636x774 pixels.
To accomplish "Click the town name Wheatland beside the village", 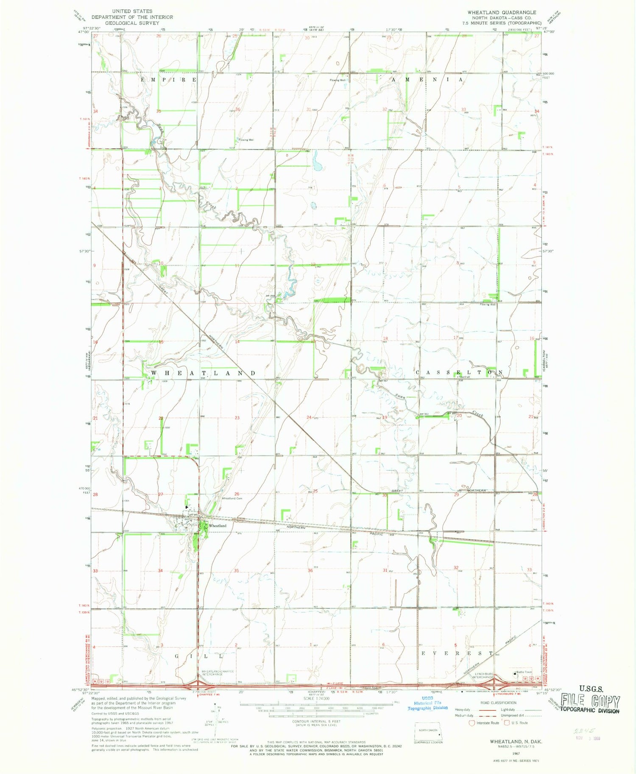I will click(218, 525).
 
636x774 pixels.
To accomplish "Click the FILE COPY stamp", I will click(590, 702).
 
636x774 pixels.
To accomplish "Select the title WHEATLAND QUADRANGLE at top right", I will click(502, 12).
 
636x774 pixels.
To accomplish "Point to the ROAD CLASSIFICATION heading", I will click(498, 703).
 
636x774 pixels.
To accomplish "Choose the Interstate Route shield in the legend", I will click(471, 723).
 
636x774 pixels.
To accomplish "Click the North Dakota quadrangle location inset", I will click(428, 732).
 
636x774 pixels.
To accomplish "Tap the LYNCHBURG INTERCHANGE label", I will click(484, 675).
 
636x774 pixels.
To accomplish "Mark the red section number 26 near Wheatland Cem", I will click(237, 494).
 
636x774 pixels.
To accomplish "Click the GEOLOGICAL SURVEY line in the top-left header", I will click(132, 23).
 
